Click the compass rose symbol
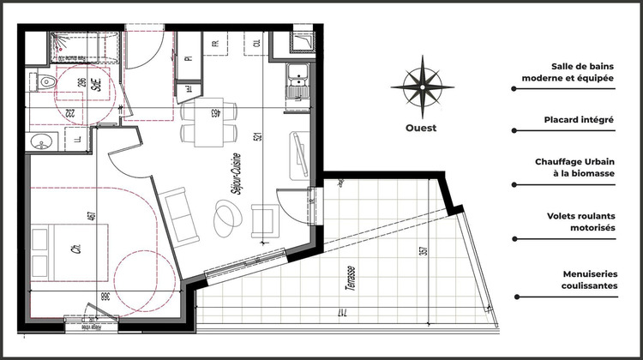pos(422,87)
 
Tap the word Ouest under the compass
pos(422,129)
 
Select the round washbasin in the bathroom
pos(39,141)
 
